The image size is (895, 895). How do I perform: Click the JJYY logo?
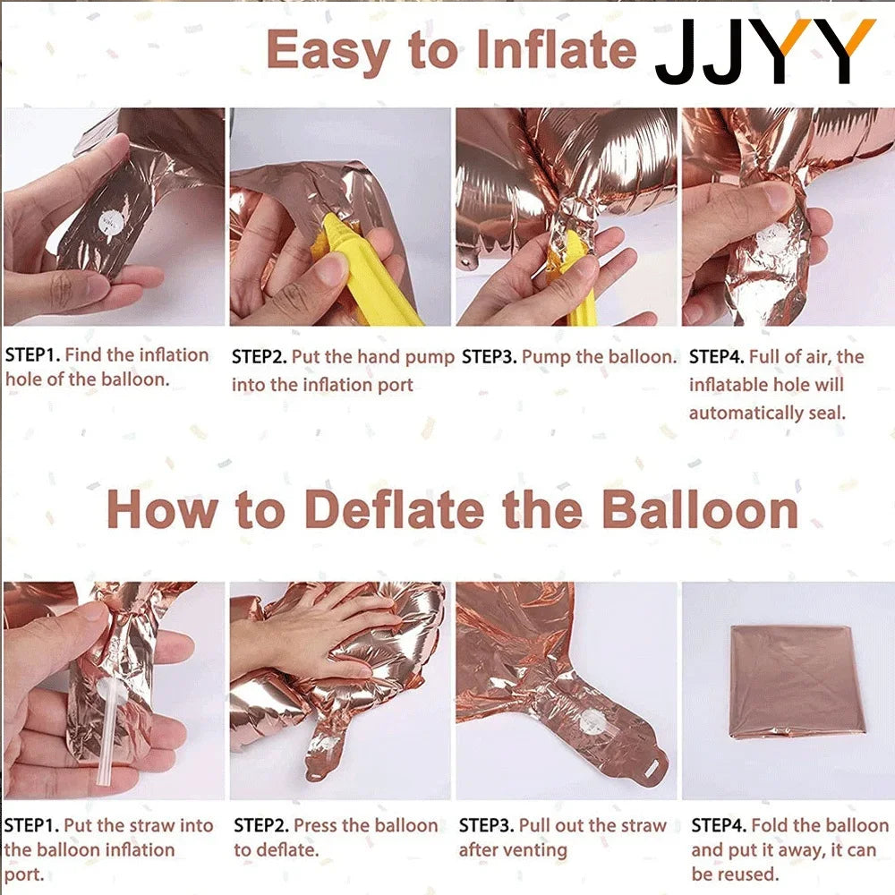(x=765, y=51)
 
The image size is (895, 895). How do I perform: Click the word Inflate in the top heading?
(x=556, y=49)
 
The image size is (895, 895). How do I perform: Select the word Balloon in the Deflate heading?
(x=701, y=509)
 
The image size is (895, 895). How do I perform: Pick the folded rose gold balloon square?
(x=797, y=681)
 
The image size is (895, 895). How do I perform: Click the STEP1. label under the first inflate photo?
(x=32, y=355)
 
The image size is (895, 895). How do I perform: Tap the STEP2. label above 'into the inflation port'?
(x=260, y=357)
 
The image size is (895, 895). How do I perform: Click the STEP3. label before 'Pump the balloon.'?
(x=490, y=357)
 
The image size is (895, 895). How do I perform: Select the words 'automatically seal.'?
(x=767, y=413)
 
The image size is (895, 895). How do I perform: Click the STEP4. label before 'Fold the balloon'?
(x=719, y=825)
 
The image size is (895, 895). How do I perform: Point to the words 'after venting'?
(x=513, y=850)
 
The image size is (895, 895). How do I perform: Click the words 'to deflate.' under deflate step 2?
(x=277, y=850)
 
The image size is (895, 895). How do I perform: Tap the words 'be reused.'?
(x=735, y=874)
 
